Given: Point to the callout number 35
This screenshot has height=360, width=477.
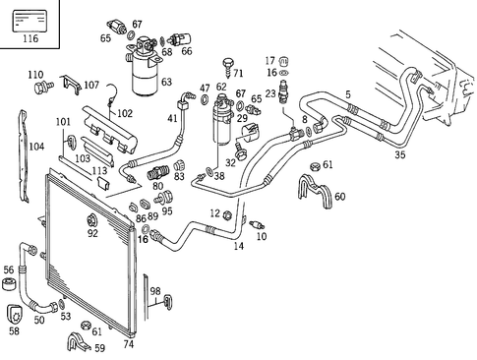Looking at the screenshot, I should (399, 154).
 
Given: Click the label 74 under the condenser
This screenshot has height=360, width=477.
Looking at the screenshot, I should (127, 344).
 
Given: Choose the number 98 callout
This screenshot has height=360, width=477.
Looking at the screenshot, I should (154, 290).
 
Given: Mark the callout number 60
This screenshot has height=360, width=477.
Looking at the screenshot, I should (339, 197).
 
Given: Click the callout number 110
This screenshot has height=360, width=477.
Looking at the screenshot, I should (35, 75).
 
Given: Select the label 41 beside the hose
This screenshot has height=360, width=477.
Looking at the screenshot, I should (172, 119).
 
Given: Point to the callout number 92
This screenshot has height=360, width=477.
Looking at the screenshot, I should (92, 234).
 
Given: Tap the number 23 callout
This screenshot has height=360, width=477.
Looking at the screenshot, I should (269, 93).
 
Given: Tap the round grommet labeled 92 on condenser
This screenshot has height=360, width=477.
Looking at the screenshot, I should (92, 219).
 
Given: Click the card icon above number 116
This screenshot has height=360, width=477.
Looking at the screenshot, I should (30, 17).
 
